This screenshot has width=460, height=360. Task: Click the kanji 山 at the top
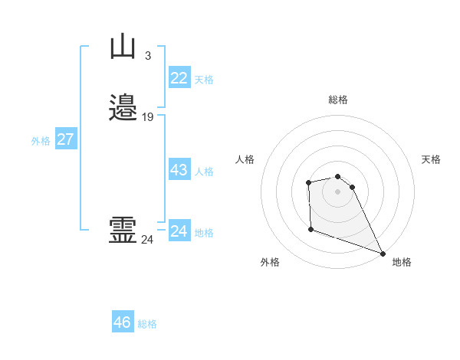click(123, 47)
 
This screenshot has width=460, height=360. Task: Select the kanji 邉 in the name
click(123, 108)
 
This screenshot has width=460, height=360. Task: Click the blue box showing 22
click(179, 77)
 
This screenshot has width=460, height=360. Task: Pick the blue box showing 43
click(179, 170)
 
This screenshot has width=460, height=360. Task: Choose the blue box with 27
click(66, 139)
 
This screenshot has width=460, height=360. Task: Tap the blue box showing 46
click(123, 322)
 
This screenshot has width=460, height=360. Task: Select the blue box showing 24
click(179, 231)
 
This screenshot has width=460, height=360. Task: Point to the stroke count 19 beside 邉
click(147, 117)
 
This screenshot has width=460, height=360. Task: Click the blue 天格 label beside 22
click(204, 80)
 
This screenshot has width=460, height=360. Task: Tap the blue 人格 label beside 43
click(204, 172)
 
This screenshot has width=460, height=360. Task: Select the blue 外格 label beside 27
click(41, 141)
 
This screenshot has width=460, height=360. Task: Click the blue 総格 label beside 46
click(147, 324)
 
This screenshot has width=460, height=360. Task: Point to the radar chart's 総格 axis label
click(338, 100)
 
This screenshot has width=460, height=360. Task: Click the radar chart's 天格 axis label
click(431, 159)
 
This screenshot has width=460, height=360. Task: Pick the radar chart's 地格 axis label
click(402, 262)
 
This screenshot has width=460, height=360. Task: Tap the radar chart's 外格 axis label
click(270, 262)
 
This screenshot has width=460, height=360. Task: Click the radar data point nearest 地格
click(383, 253)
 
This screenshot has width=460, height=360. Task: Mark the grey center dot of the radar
click(338, 190)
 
